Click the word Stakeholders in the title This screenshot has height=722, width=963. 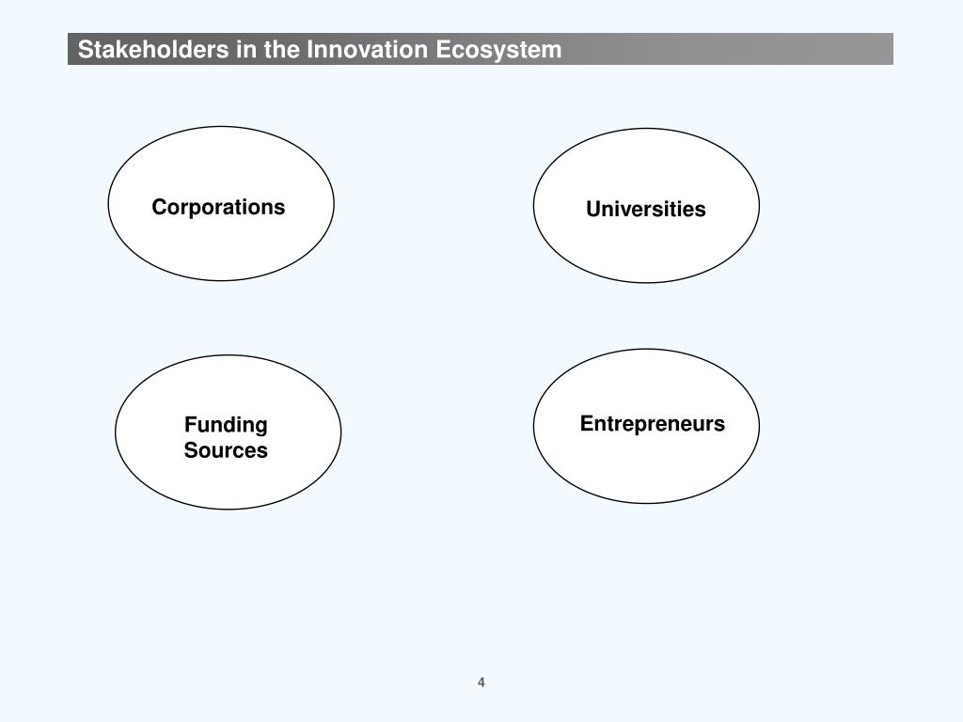coord(153,49)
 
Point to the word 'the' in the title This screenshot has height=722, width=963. coord(282,49)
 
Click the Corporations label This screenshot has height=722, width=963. coord(218,208)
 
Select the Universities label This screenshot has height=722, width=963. coord(646,209)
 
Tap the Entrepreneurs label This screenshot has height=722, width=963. coord(653,424)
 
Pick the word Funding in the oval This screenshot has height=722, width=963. coord(226,425)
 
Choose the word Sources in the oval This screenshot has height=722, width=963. coord(226,450)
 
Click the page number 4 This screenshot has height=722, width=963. coord(481,683)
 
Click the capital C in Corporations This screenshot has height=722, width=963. coord(160,208)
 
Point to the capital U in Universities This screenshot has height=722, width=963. coord(593,209)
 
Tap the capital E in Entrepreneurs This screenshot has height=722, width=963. coord(587,423)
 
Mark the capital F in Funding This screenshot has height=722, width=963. coord(190,424)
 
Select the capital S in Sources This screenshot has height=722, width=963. coord(190,450)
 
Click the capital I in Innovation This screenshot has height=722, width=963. coord(309,49)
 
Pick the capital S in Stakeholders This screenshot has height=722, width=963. coord(86,49)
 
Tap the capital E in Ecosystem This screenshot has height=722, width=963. coord(443,49)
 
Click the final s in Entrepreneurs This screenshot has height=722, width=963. coord(720,426)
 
